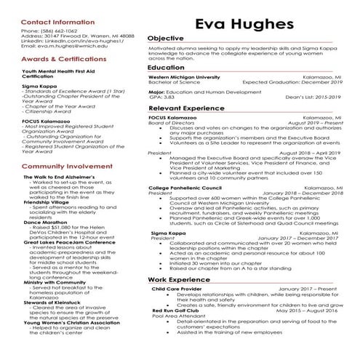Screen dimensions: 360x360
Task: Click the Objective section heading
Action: click(x=165, y=38)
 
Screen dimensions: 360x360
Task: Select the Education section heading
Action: click(x=166, y=68)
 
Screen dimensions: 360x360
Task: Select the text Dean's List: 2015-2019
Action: click(x=313, y=97)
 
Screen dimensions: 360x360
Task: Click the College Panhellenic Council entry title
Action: click(x=185, y=188)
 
